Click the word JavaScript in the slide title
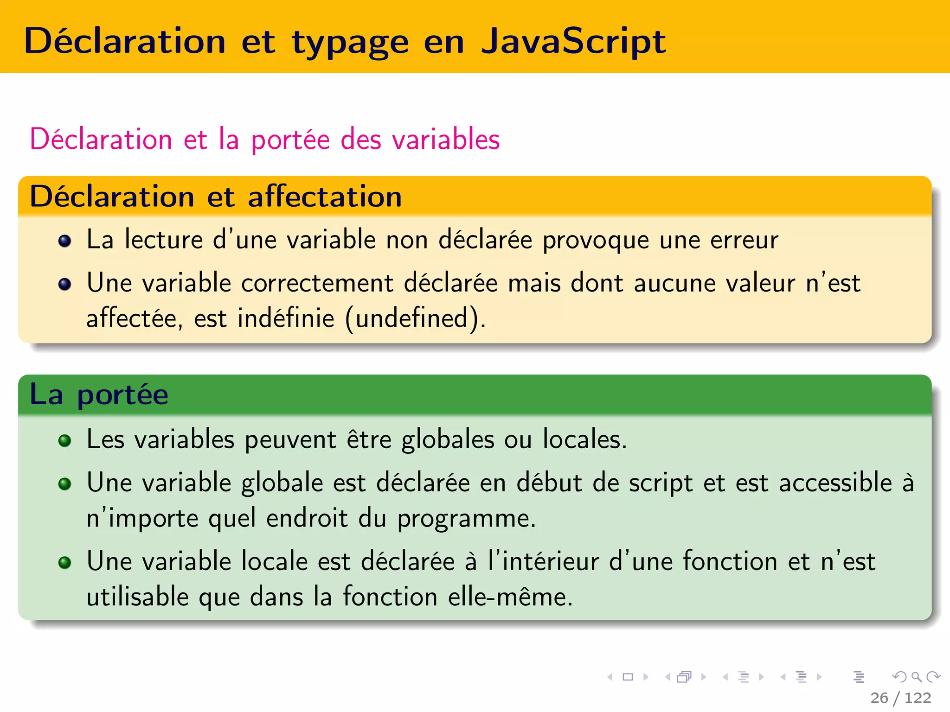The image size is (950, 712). [573, 42]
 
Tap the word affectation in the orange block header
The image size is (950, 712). [325, 197]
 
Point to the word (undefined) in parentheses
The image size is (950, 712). [415, 319]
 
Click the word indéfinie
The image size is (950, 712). [286, 318]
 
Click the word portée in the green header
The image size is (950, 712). [122, 395]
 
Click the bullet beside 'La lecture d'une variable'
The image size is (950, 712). [65, 241]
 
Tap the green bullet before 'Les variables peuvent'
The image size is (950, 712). [65, 440]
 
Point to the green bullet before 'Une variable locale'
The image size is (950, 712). [65, 563]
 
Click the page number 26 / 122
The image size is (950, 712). [900, 698]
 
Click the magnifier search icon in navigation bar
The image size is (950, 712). [916, 677]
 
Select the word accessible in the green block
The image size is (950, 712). [835, 483]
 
